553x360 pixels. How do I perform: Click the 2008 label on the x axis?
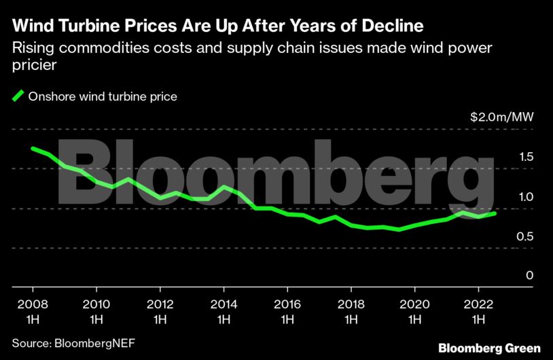coord(32,311)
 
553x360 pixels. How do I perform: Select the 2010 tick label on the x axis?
coord(96,311)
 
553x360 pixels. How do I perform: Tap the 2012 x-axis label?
coord(160,311)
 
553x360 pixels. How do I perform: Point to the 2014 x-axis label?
coord(224,311)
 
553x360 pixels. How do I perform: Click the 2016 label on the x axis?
coord(287,311)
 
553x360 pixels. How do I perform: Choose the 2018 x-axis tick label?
coord(351,311)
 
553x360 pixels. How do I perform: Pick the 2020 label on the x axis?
coord(414,311)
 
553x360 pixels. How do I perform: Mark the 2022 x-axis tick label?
coord(478,311)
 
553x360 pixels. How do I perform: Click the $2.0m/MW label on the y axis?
coord(502,117)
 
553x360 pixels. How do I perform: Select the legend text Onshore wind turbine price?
coord(103,96)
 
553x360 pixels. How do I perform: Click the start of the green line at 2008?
coord(33,148)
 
